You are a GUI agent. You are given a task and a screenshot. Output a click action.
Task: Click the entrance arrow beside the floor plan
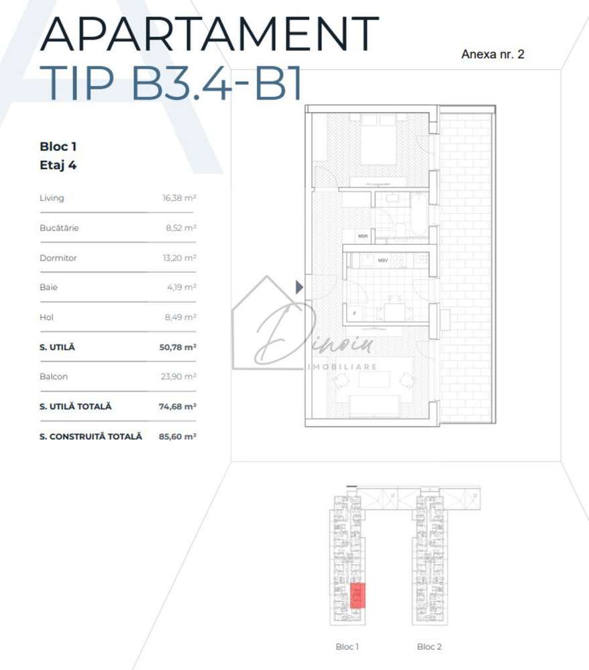pos(299,287)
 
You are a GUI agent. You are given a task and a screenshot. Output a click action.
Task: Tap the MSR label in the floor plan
pos(363,236)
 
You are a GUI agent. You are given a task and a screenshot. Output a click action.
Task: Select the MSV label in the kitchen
pos(383,260)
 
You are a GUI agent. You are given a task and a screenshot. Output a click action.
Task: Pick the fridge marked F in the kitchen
pos(354,313)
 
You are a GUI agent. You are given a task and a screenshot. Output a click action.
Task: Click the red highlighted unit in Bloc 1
pos(358,595)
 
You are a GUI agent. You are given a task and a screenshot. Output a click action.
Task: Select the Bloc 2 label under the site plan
pos(429,647)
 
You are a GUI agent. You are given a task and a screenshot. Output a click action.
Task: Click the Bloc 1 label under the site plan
pos(347,647)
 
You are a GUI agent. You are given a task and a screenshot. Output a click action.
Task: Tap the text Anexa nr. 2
pos(492,55)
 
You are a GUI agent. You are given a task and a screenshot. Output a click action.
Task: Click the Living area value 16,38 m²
pos(179,199)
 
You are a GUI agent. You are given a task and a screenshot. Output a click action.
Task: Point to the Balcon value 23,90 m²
pos(179,377)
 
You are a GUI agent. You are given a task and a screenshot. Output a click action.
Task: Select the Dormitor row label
pos(58,258)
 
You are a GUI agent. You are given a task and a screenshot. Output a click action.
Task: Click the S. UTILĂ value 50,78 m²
pos(179,347)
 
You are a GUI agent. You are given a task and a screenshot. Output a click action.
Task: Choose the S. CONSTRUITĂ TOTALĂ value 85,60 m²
pos(179,437)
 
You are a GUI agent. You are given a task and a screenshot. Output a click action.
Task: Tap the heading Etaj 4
pos(58,166)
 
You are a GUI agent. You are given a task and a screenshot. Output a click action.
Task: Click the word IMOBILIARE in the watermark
pos(342,367)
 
